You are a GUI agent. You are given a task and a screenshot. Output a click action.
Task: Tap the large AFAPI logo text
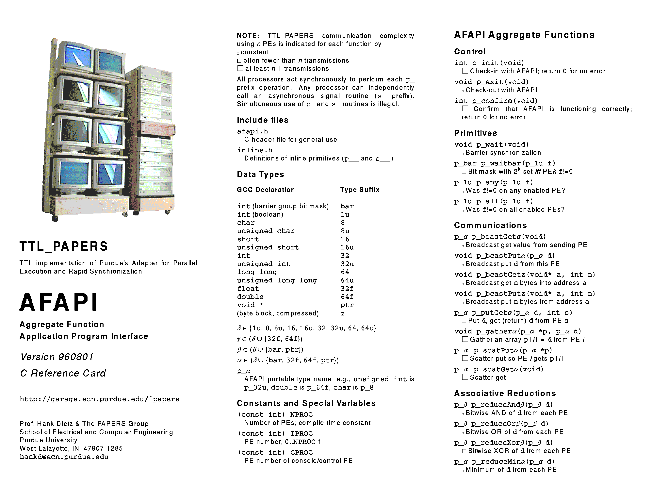(58, 302)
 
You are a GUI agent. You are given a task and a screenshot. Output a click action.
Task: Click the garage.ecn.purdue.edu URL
(99, 399)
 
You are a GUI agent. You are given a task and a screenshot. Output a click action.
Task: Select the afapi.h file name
(253, 131)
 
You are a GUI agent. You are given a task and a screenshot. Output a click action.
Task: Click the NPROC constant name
(302, 415)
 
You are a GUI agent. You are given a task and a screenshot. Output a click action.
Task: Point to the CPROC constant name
(302, 453)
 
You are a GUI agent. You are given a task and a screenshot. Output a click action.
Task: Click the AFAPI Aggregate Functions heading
(524, 35)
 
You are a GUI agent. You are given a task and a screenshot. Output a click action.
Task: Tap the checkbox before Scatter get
(465, 377)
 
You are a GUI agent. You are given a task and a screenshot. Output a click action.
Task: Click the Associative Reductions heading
(505, 394)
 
